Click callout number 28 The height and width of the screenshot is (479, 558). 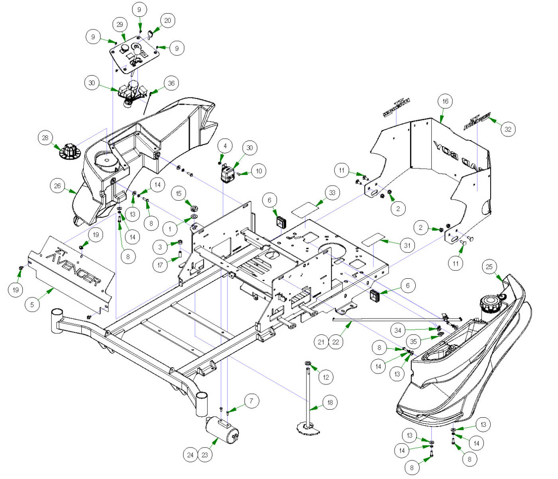point(45,138)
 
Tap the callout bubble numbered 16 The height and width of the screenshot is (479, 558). point(445,101)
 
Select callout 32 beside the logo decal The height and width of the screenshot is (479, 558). point(508,129)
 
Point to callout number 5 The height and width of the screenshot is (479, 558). point(32,305)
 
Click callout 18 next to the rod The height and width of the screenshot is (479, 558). point(330,403)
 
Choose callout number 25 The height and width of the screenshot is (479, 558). point(489,267)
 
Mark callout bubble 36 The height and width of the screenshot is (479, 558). point(171,83)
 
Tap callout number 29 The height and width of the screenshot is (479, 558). point(120,25)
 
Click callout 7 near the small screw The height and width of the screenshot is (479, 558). point(251,401)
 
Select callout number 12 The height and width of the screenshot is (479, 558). point(326,377)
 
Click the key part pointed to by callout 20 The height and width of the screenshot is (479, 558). point(150,34)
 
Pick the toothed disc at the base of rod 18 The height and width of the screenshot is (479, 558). point(308,429)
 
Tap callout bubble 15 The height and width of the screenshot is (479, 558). point(179,194)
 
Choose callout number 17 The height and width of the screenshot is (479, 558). point(160,265)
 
